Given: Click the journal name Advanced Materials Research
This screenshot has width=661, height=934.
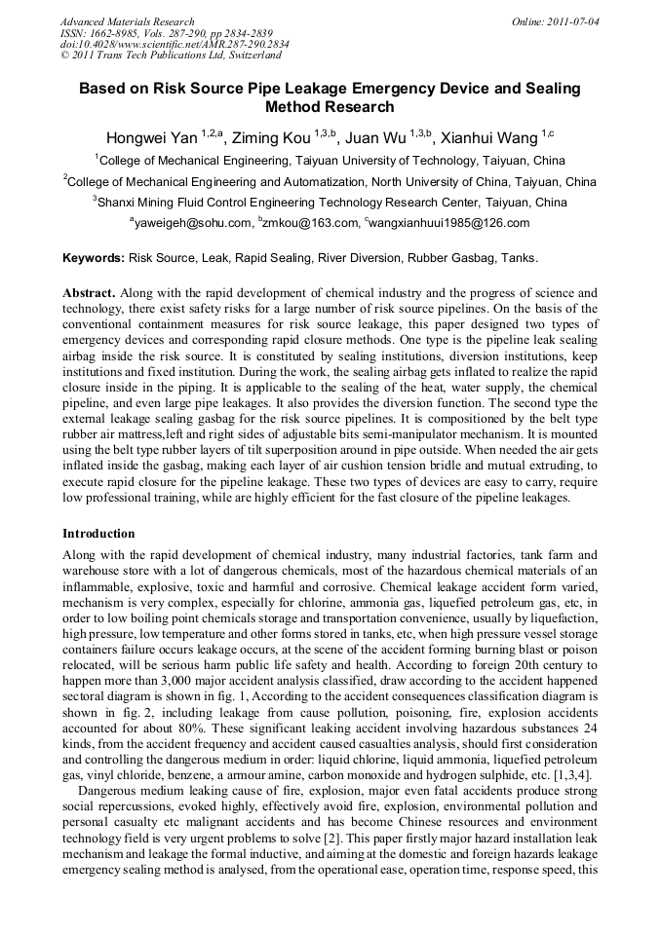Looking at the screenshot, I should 127,21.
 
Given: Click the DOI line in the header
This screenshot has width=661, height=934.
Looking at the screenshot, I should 175,45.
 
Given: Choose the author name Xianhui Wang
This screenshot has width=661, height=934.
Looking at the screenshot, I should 487,137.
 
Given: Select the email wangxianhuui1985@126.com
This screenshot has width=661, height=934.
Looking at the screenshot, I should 450,223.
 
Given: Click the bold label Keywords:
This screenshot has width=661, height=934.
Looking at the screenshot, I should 94,259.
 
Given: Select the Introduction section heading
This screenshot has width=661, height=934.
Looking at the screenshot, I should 98,534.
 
